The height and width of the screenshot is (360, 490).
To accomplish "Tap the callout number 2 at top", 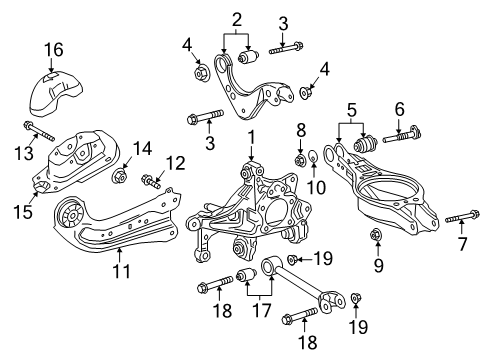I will tap(237, 18).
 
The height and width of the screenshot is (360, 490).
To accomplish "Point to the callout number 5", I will tap(351, 110).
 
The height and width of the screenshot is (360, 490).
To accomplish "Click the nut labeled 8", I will tap(299, 157).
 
